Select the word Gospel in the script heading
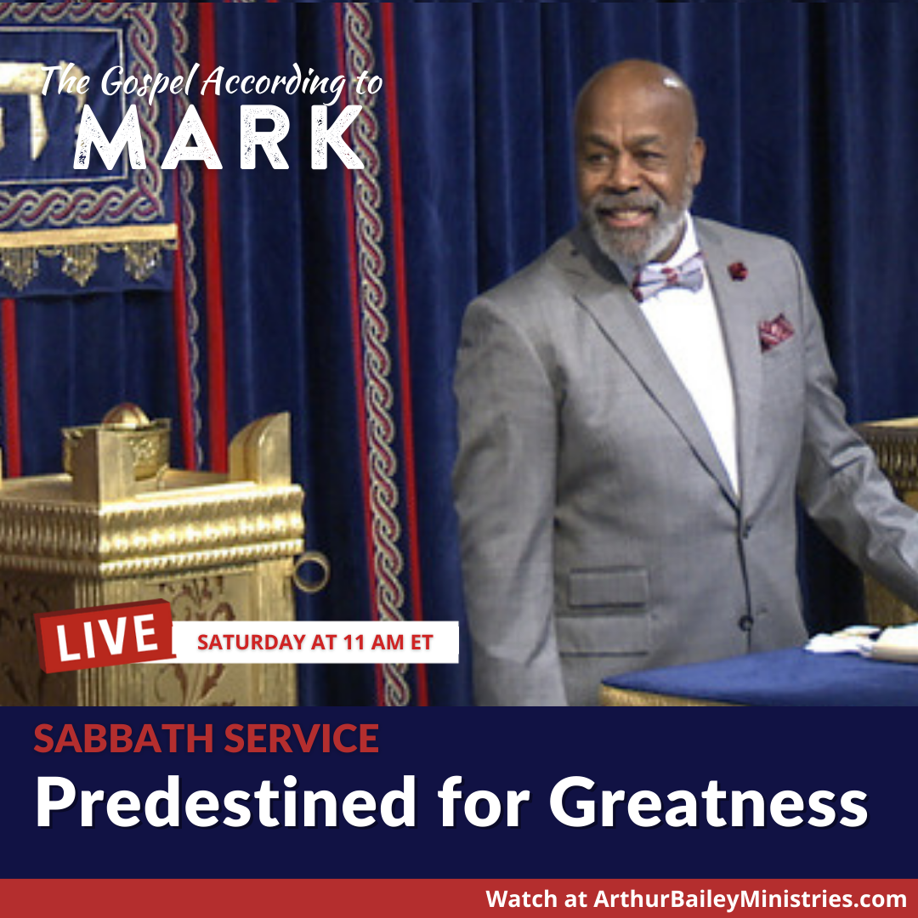pos(150,82)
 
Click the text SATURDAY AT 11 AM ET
pos(315,643)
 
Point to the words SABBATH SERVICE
pos(206,739)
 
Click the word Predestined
pos(226,802)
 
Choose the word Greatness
pos(708,802)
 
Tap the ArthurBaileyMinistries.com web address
pos(750,898)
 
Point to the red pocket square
pos(776,332)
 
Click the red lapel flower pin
pos(738,270)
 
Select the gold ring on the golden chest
pos(310,571)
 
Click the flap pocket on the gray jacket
pos(608,587)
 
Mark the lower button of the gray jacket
pos(746,622)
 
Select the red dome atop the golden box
pos(126,415)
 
